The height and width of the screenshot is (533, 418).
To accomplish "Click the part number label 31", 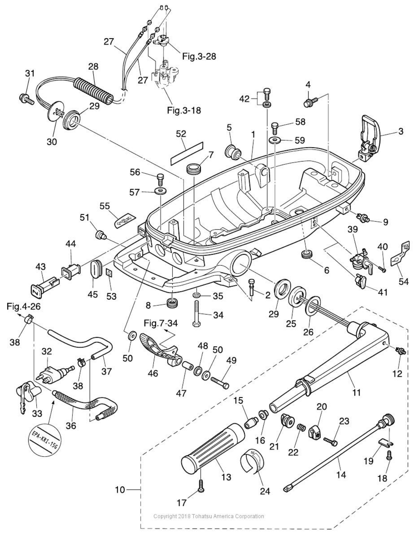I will (x=30, y=74).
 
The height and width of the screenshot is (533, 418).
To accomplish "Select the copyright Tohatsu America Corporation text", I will (x=208, y=516).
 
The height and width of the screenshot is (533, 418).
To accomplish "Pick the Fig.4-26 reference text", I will (x=24, y=307).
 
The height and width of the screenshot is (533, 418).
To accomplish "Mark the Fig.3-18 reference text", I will (x=184, y=110).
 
